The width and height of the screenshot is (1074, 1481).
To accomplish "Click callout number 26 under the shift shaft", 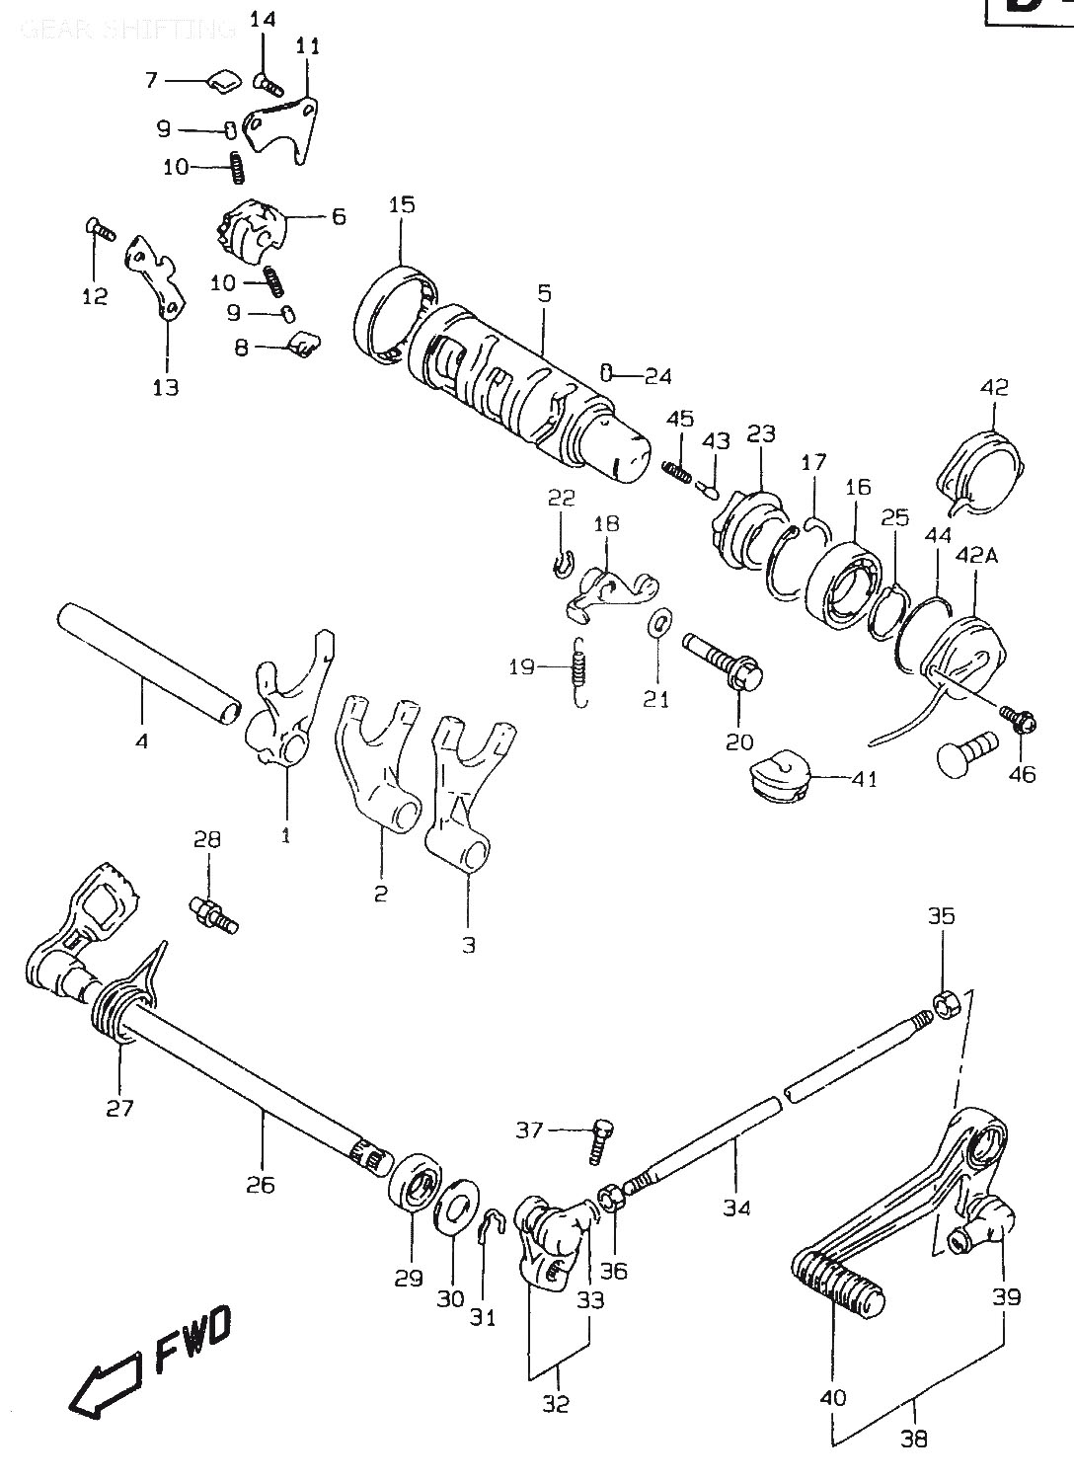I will pyautogui.click(x=262, y=1184).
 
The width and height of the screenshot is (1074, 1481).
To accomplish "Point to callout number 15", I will pyautogui.click(x=401, y=205).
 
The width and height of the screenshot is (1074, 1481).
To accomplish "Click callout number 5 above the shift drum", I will pyautogui.click(x=544, y=293).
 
